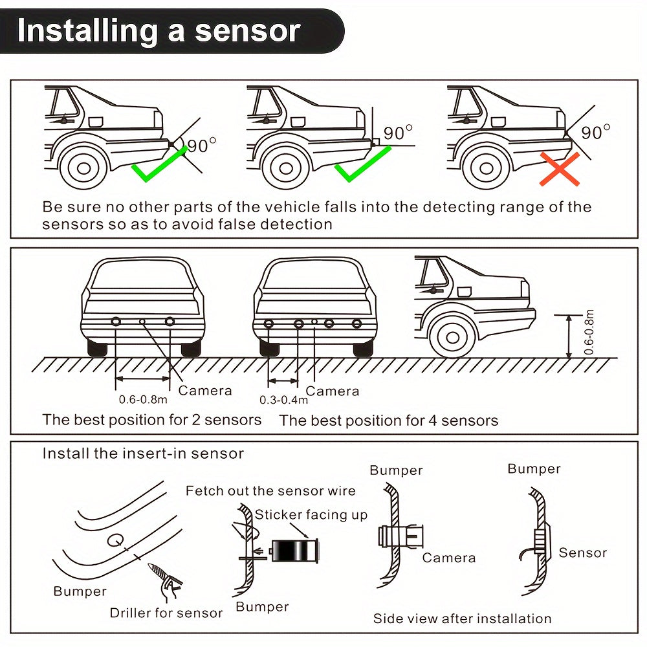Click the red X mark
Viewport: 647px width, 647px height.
tap(560, 170)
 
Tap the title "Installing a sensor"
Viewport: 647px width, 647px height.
tap(159, 31)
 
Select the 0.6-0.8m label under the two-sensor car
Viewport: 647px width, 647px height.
tap(143, 399)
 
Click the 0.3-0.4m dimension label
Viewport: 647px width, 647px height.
tap(282, 399)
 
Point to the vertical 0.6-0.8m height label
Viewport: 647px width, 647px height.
tap(588, 333)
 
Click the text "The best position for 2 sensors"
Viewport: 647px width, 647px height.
tap(152, 419)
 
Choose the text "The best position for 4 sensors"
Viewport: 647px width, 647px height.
tap(388, 421)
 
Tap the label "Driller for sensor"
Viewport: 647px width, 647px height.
tap(166, 613)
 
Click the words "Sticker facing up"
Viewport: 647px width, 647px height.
tap(311, 515)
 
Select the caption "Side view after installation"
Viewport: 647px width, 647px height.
tap(462, 619)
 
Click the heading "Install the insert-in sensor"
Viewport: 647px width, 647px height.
tap(143, 453)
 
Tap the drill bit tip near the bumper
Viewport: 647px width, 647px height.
tap(153, 567)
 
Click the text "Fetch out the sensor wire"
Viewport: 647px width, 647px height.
tap(270, 490)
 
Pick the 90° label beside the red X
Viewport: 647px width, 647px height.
tap(595, 133)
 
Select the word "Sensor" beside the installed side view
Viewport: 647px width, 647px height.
tap(582, 553)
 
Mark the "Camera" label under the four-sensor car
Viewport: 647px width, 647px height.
tap(332, 391)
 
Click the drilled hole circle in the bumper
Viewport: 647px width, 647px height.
tap(115, 540)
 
